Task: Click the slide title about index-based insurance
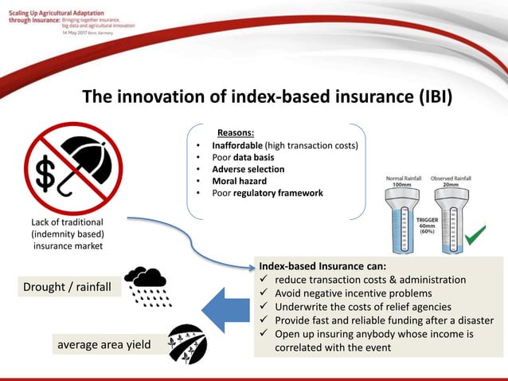(268, 97)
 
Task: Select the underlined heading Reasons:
(236, 132)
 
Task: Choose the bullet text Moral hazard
(239, 181)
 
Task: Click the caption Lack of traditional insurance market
(67, 233)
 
